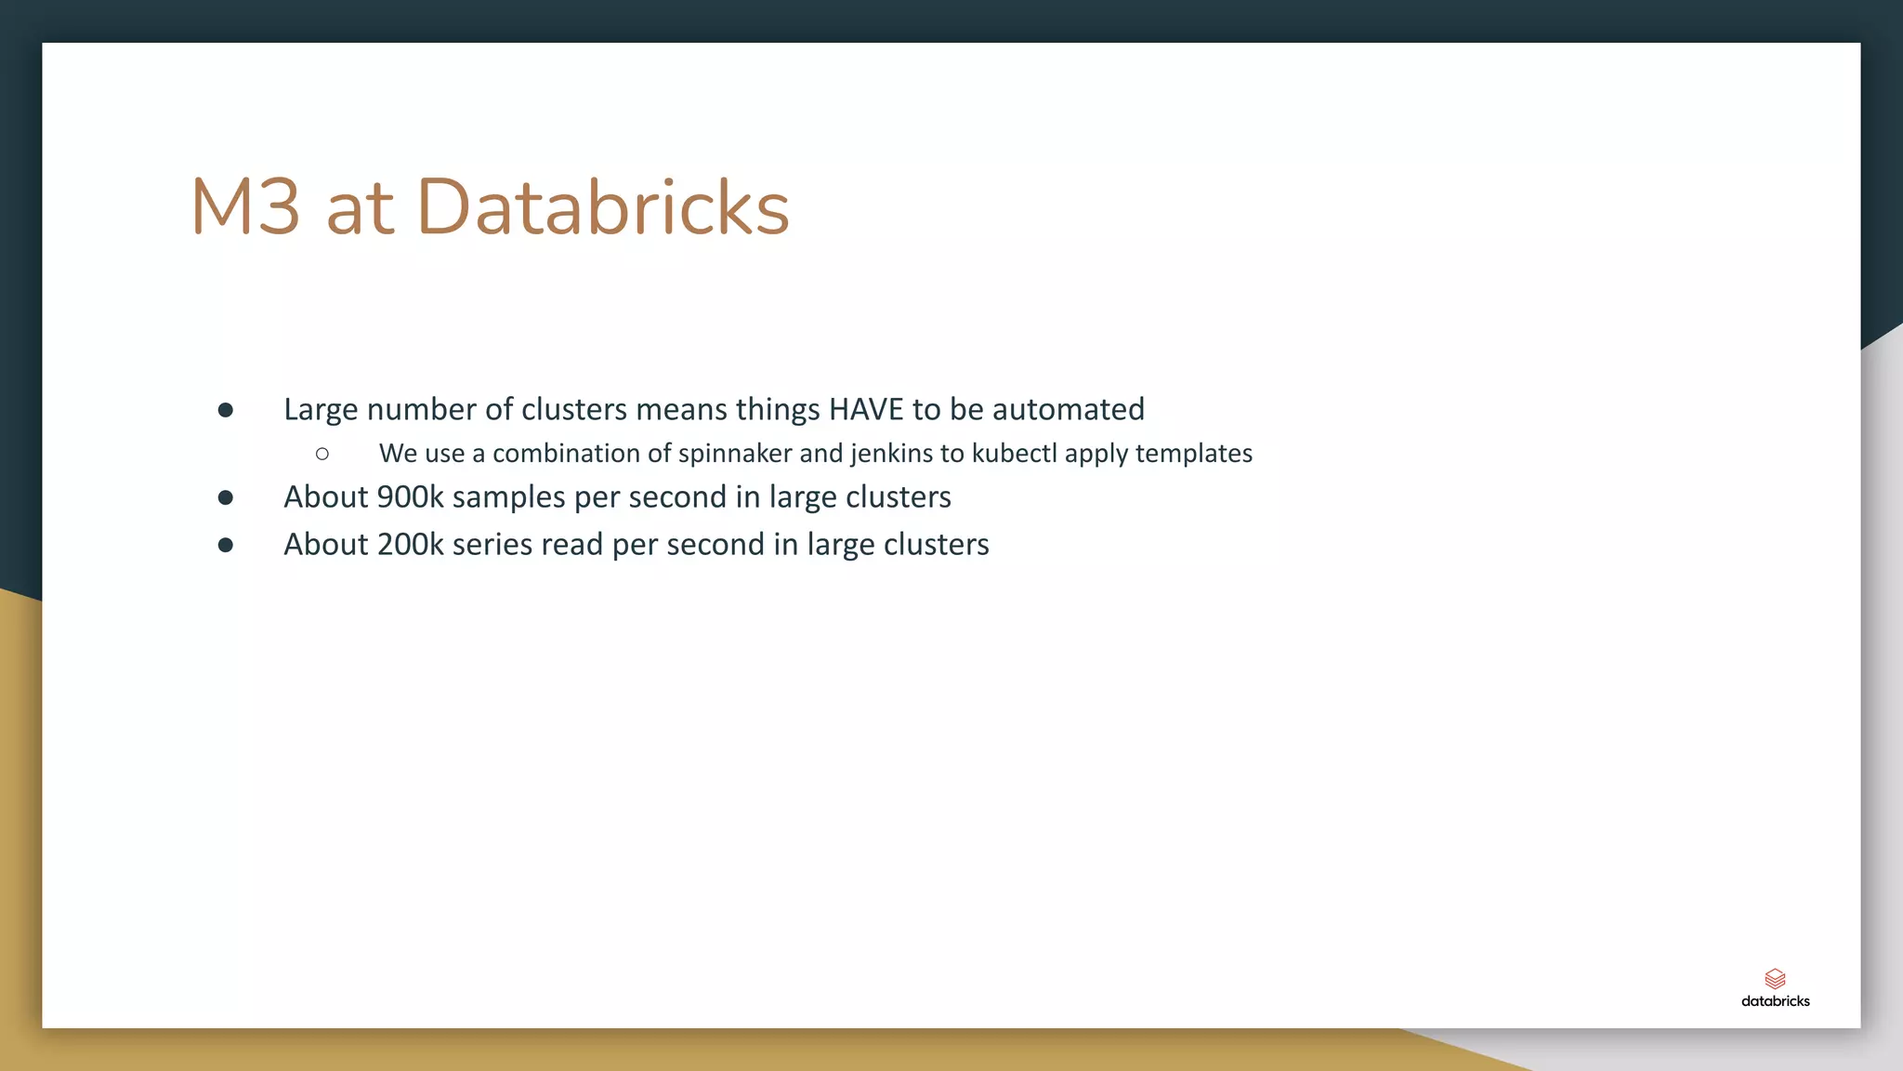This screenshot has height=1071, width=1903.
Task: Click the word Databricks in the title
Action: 603,206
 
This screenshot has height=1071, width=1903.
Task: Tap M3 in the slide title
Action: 245,206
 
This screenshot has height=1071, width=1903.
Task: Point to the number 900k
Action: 410,496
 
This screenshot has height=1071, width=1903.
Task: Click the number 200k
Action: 410,544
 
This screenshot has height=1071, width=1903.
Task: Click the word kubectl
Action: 1014,453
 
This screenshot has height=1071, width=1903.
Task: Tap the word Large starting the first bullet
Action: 321,409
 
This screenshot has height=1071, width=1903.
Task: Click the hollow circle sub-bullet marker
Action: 322,454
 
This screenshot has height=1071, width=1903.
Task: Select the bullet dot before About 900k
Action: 226,497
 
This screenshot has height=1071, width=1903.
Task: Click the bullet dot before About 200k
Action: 226,545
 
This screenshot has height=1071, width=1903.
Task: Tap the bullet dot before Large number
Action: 226,410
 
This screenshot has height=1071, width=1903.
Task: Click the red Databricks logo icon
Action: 1775,978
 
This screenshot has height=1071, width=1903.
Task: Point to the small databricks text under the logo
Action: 1775,1001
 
